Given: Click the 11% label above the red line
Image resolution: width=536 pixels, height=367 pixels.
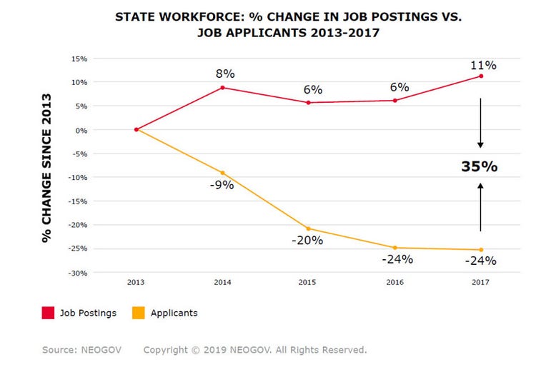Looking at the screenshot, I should [482, 65].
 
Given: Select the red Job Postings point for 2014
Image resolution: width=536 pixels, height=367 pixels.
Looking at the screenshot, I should [222, 88].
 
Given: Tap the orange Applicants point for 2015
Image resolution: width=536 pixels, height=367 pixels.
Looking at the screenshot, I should [308, 228].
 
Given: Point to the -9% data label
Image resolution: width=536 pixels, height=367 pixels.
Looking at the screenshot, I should [222, 186].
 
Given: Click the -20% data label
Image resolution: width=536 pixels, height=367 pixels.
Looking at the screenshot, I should [307, 241].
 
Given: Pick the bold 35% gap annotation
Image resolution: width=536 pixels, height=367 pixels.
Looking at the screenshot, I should [479, 166].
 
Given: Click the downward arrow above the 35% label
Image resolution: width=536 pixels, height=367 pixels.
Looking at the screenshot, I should [480, 123].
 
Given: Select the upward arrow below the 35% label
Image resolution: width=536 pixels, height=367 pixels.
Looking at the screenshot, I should [480, 206].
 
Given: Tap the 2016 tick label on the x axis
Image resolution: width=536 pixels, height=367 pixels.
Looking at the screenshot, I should [394, 283].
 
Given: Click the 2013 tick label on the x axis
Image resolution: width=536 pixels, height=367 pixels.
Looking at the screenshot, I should [136, 283].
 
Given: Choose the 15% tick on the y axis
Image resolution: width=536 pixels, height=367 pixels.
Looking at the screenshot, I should [80, 59].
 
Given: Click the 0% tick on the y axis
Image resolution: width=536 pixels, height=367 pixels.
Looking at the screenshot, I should [82, 130].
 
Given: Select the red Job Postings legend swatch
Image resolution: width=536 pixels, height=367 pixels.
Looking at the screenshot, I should [49, 313].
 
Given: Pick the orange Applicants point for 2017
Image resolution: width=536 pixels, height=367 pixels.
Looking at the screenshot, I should [481, 250].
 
